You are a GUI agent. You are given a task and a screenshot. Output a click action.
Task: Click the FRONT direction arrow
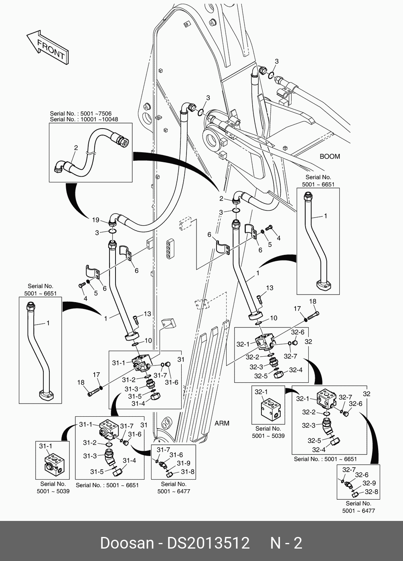[x=47, y=47]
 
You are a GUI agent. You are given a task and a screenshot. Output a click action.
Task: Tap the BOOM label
[x=330, y=156]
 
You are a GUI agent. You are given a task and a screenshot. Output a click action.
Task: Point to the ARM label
[x=222, y=423]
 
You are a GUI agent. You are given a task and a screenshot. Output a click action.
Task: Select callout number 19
[x=95, y=220]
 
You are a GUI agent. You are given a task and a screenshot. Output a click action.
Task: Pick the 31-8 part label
[x=187, y=472]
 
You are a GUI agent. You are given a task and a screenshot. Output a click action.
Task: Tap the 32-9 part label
[x=369, y=483]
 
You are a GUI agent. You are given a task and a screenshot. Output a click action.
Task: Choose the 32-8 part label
[x=371, y=492]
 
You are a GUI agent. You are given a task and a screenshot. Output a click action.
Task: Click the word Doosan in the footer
[x=127, y=543]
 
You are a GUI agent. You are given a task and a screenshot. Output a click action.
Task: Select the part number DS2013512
[x=208, y=543]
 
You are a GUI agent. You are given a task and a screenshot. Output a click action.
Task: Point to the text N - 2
[x=286, y=543]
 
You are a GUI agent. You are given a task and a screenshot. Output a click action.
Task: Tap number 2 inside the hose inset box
[x=75, y=148]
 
